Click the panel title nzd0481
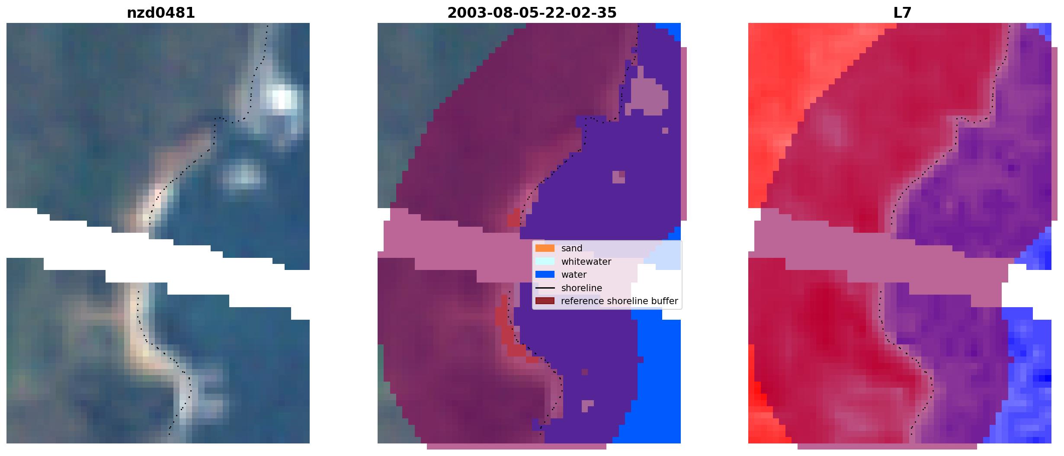[160, 13]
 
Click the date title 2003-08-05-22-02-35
[532, 13]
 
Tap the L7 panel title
[902, 13]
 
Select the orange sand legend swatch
[545, 248]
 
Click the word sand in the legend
[572, 248]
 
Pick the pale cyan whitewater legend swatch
[545, 261]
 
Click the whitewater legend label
[586, 262]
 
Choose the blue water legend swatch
[545, 275]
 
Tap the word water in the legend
[574, 275]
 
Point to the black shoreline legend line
[545, 288]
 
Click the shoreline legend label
[582, 288]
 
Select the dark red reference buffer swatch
[545, 301]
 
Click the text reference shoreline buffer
[619, 301]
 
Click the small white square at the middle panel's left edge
[384, 214]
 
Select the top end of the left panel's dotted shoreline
[267, 26]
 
